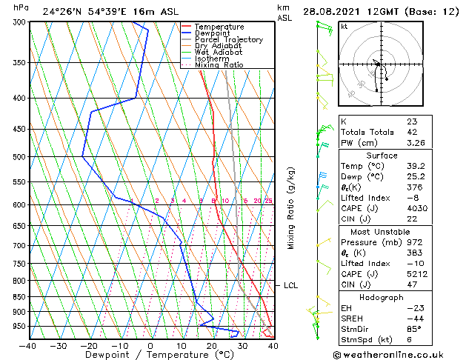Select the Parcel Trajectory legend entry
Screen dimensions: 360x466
tap(228, 39)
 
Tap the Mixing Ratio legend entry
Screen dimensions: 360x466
tap(219, 65)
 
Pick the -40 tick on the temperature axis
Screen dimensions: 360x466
tap(28, 345)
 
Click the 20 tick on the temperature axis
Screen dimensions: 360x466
tap(212, 345)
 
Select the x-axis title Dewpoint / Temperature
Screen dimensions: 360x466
tap(150, 356)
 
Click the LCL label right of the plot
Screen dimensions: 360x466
tap(290, 285)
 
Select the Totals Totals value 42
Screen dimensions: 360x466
tap(411, 131)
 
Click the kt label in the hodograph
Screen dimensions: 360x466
tap(344, 27)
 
